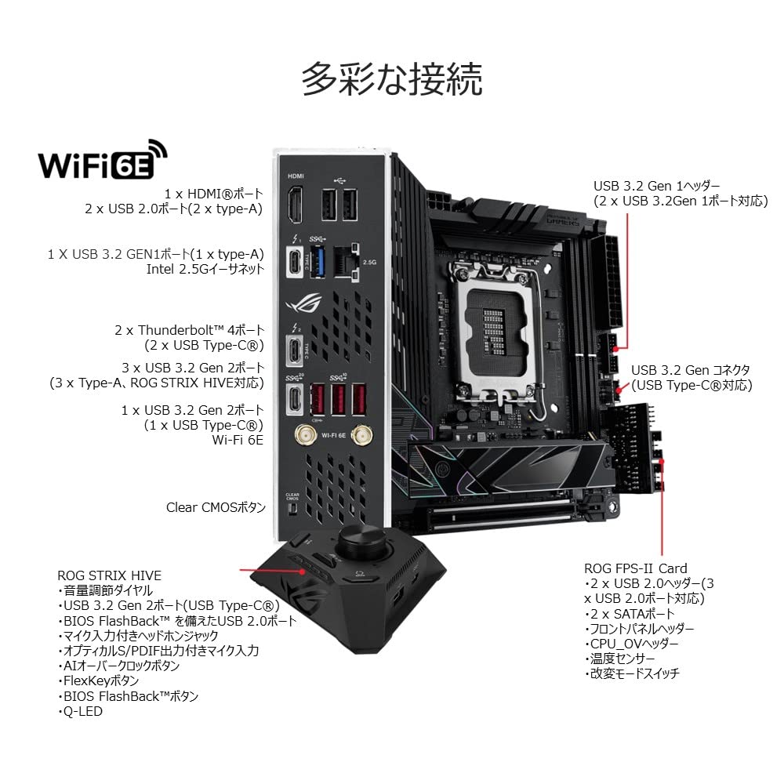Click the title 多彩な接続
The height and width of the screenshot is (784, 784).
pos(391,80)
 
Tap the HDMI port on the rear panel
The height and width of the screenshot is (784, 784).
pos(296,205)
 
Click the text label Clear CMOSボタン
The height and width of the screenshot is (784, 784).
pos(216,507)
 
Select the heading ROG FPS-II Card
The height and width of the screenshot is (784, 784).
pos(635,568)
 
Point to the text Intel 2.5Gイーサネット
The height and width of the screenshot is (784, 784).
pos(205,270)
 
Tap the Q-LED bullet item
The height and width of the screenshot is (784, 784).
pos(82,711)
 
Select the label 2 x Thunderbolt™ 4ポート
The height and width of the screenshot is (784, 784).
pos(189,329)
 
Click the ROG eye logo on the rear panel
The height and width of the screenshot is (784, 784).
pos(299,303)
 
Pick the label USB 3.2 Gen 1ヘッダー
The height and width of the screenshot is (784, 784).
pos(655,186)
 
